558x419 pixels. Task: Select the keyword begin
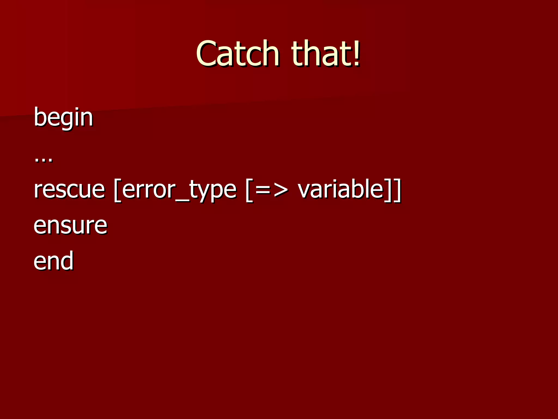point(63,117)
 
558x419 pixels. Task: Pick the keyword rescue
point(69,190)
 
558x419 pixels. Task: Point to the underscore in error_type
point(182,201)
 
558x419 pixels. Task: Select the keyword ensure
point(70,226)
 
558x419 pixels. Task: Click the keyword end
point(53,261)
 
